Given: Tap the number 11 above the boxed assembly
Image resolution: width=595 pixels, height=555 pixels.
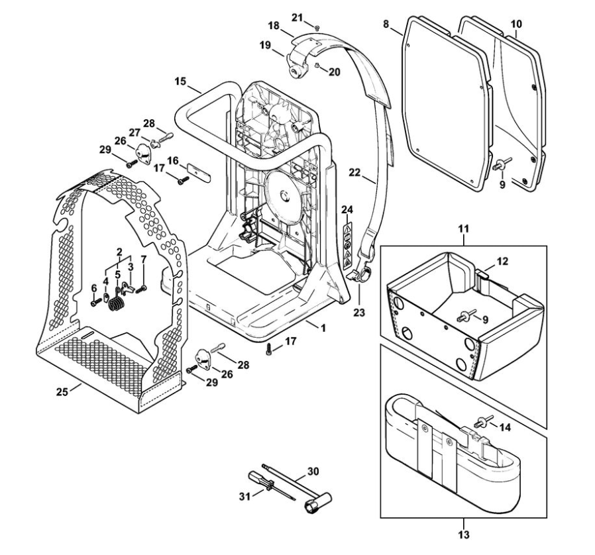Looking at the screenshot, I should [x=464, y=228].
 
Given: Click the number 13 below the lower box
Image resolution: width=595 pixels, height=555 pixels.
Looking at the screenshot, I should [x=463, y=534].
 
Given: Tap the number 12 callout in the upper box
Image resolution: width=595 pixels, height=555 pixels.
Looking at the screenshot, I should [x=504, y=261].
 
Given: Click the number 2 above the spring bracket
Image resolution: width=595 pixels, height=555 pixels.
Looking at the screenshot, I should [x=119, y=252].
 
